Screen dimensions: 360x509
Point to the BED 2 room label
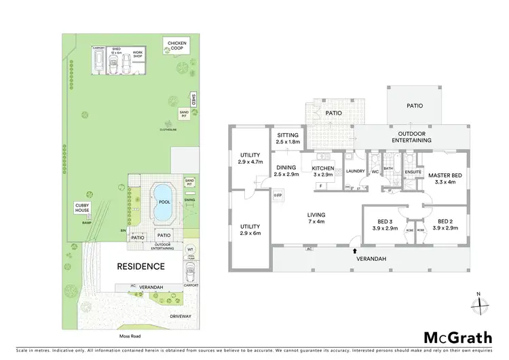point(445,224)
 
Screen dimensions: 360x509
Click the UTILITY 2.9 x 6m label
point(250,228)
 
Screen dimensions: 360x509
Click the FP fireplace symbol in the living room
point(277,196)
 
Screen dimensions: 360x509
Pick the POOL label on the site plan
point(164,202)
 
